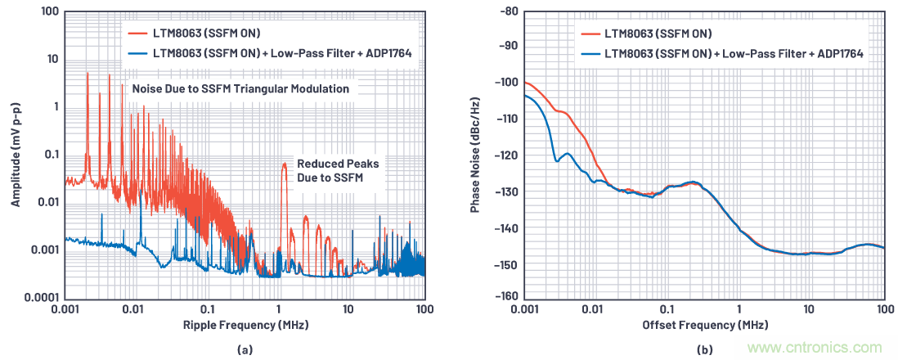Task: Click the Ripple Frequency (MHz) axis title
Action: tap(244, 326)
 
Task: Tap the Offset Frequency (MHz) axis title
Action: tap(703, 326)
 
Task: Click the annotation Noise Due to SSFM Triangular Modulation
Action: tap(240, 88)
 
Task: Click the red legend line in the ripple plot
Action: tap(136, 34)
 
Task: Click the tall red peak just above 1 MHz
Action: tap(284, 168)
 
